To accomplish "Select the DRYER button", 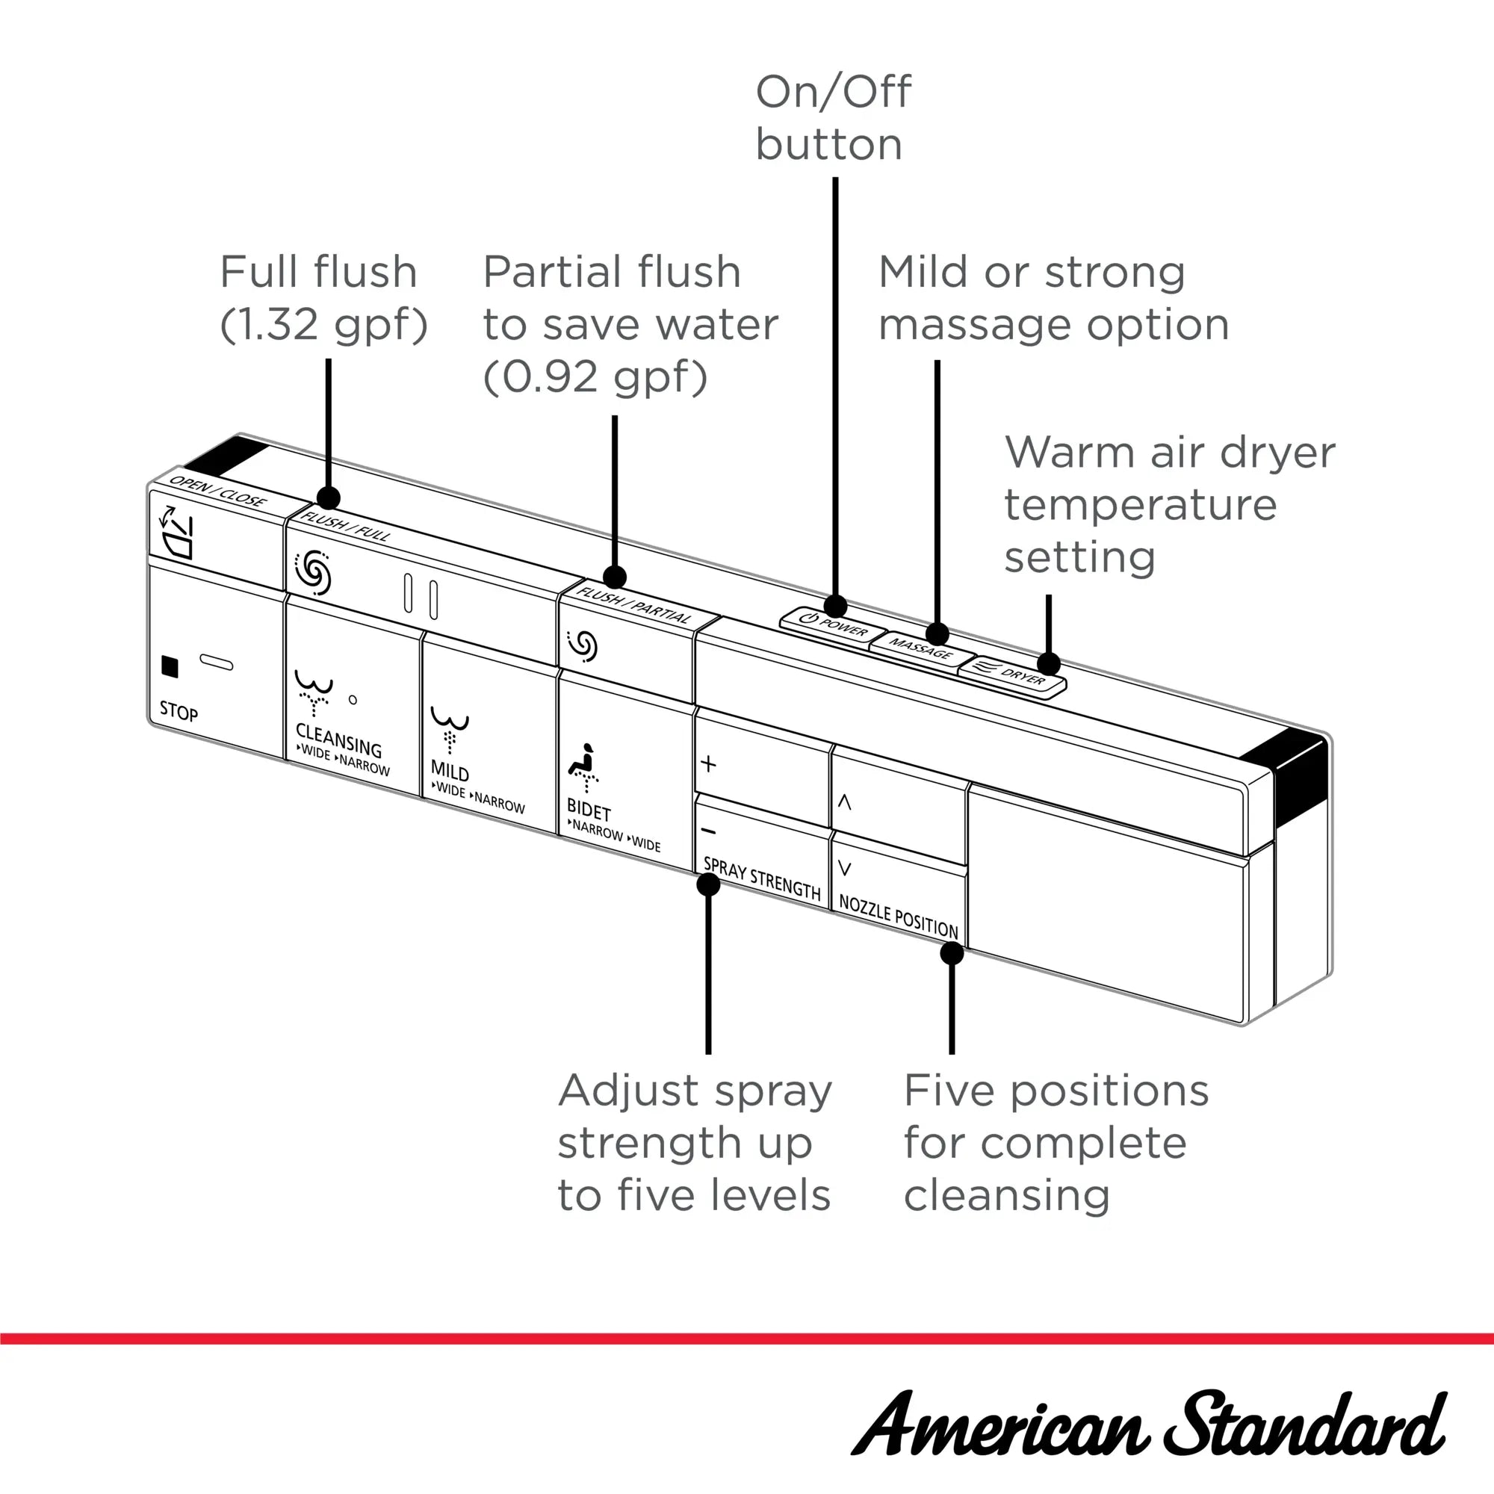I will coord(1013,675).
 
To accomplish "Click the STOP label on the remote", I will coord(179,711).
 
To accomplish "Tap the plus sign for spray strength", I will coord(708,764).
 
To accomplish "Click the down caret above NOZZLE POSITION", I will coord(844,870).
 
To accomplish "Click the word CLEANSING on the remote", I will coord(338,740).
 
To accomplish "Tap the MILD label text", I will coord(450,772).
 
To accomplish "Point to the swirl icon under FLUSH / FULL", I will coord(313,573).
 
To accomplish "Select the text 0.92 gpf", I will coord(595,377).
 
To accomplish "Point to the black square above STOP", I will coord(170,666).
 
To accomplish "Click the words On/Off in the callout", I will coord(833,92).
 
